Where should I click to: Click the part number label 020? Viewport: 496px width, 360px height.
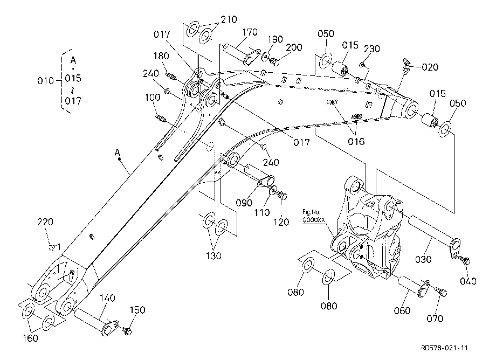[x=430, y=67]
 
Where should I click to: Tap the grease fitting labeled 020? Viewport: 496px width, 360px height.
[x=406, y=65]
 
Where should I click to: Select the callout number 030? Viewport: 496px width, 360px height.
[x=423, y=259]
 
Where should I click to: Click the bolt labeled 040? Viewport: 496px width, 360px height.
[x=465, y=260]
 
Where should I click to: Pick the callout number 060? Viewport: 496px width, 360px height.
[x=402, y=311]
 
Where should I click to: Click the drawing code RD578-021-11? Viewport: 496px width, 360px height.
[x=444, y=348]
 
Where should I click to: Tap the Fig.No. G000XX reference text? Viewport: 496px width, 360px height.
[x=313, y=216]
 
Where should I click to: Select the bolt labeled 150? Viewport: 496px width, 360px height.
[x=127, y=330]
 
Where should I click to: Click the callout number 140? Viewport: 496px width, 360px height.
[x=107, y=298]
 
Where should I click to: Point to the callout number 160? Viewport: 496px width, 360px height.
[x=30, y=338]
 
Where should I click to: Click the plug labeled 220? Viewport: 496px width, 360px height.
[x=52, y=246]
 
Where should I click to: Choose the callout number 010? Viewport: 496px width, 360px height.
[x=45, y=81]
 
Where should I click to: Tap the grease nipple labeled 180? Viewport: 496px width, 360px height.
[x=171, y=75]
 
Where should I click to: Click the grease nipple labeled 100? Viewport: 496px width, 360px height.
[x=161, y=119]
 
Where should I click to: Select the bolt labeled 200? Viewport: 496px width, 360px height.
[x=274, y=61]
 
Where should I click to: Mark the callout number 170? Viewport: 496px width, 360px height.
[x=250, y=32]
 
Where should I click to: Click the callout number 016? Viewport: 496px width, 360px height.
[x=356, y=142]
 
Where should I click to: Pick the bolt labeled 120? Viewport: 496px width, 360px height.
[x=282, y=195]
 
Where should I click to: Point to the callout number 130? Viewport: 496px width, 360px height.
[x=213, y=255]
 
